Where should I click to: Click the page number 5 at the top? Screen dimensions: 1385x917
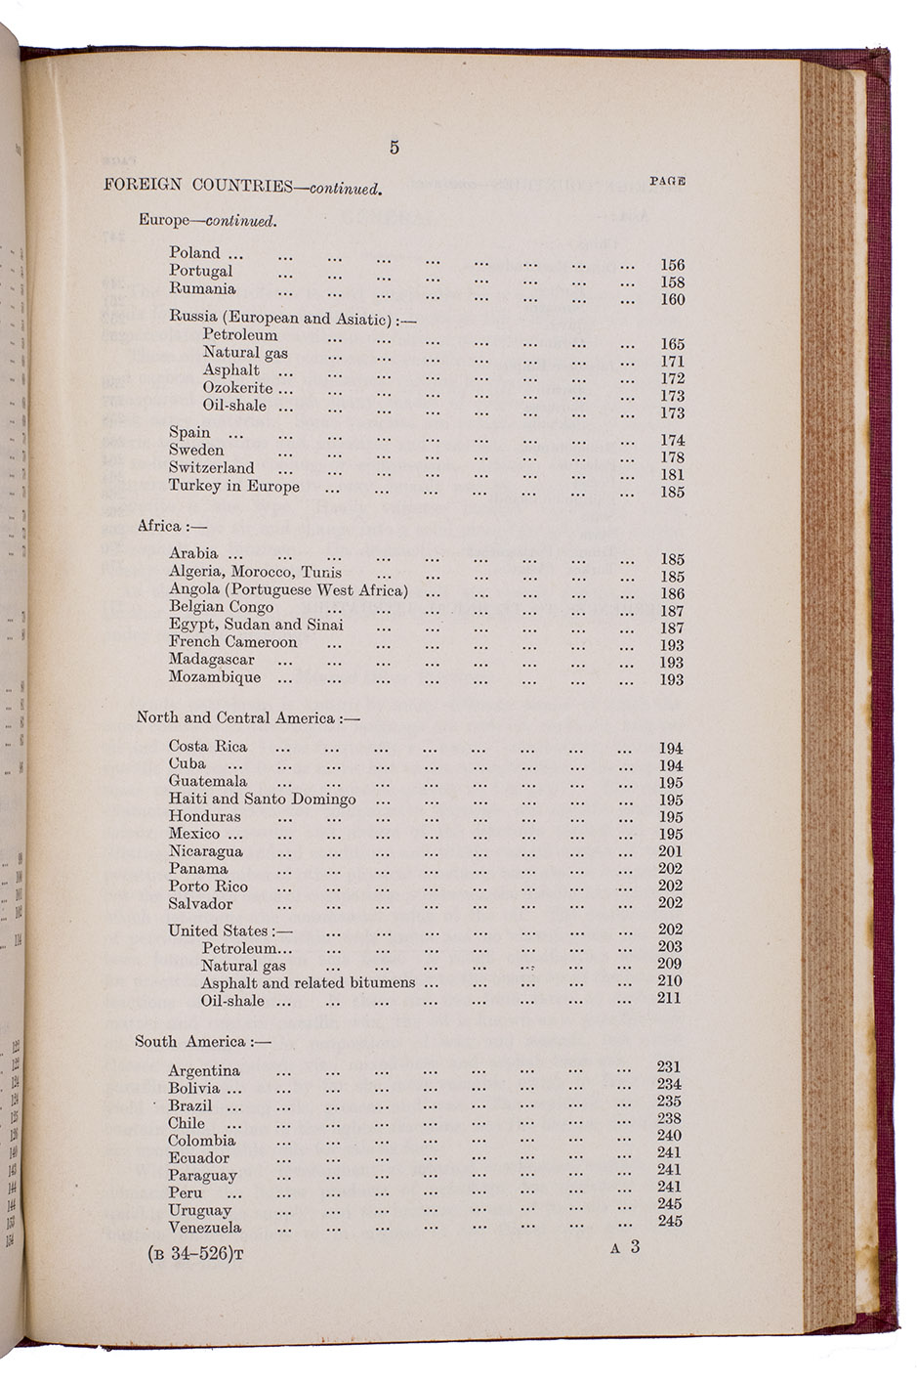(394, 148)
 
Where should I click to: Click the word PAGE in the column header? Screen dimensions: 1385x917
(668, 181)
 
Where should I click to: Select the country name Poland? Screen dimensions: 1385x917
(194, 252)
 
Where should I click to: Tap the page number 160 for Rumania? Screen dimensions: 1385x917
(672, 300)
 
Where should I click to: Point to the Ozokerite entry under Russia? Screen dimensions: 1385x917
(237, 388)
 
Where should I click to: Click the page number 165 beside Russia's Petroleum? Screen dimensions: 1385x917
(672, 344)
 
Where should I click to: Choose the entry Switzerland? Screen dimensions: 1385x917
(211, 468)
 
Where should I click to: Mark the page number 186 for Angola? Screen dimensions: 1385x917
(672, 593)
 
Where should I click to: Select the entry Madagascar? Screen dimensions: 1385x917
(211, 660)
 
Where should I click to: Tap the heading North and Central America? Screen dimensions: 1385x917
(248, 718)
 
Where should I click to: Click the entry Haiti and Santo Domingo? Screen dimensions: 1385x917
(262, 800)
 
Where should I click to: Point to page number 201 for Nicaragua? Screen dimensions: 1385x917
(671, 851)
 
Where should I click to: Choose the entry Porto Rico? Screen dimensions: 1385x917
(208, 887)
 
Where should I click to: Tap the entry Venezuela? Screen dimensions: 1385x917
(204, 1228)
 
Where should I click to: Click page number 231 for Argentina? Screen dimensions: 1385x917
(669, 1067)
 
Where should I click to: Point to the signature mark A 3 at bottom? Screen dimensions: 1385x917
(624, 1247)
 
